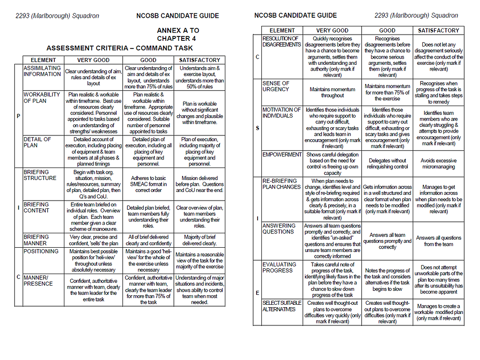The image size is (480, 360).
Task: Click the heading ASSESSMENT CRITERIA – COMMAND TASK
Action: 120,48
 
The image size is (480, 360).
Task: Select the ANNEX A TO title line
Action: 178,30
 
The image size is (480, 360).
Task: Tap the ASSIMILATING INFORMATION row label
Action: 42,71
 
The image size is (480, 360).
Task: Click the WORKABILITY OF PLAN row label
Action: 42,98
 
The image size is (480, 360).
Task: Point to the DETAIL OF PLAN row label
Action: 37,142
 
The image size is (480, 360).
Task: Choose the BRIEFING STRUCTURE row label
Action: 40,175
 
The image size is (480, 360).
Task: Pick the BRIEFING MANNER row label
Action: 37,240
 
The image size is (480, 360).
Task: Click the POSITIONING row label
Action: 41,251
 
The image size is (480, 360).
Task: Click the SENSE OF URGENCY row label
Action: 276,86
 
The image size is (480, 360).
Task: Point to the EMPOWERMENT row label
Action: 282,155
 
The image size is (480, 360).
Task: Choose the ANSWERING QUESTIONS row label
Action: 278,228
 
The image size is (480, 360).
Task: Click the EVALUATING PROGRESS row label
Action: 279,267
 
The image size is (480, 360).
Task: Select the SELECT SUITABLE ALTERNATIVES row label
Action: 282,306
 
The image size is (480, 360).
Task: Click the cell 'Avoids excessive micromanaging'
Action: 438,164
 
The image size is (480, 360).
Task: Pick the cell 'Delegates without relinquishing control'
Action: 387,164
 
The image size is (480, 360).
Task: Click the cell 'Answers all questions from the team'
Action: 438,240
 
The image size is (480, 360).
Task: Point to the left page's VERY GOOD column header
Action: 93,60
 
